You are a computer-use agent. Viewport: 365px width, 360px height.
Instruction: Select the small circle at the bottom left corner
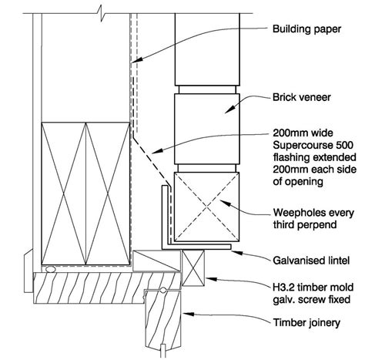[49, 270]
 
